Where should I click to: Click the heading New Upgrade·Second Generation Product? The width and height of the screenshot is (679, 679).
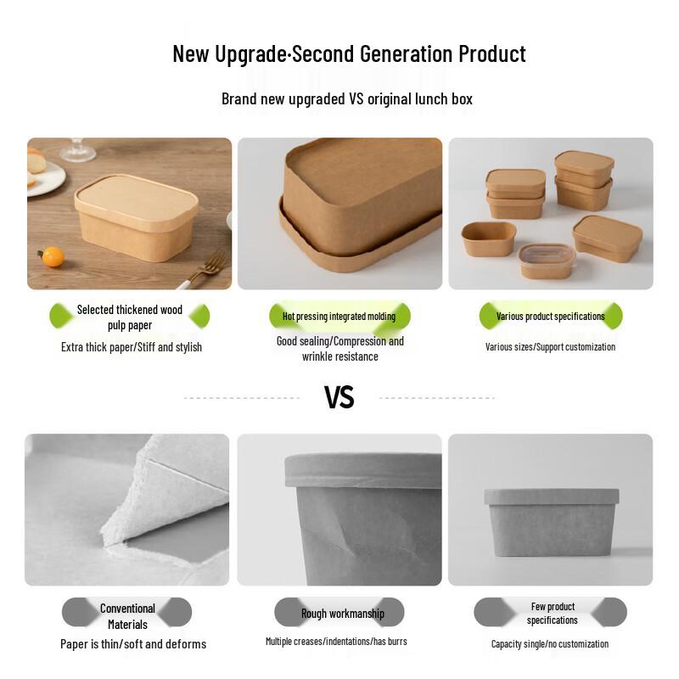click(349, 53)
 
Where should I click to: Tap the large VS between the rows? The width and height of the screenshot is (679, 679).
click(339, 396)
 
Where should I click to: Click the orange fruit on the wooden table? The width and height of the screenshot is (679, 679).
click(53, 256)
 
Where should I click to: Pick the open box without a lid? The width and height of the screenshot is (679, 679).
click(489, 238)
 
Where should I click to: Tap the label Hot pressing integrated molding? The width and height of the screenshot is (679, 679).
click(339, 317)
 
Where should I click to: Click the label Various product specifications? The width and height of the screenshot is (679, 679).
click(550, 317)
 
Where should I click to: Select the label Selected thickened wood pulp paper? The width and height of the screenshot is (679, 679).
click(130, 317)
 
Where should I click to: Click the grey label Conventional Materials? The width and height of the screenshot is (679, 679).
click(127, 616)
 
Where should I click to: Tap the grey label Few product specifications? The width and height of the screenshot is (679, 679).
click(553, 613)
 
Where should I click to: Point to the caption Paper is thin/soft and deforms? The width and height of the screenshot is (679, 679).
click(133, 644)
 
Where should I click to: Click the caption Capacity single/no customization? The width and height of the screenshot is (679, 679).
click(550, 644)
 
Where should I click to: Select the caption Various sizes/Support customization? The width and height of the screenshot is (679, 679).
click(550, 346)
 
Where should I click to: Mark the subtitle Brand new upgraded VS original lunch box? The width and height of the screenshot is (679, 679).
click(346, 98)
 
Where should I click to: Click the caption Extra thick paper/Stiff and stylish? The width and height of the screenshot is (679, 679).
click(132, 347)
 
